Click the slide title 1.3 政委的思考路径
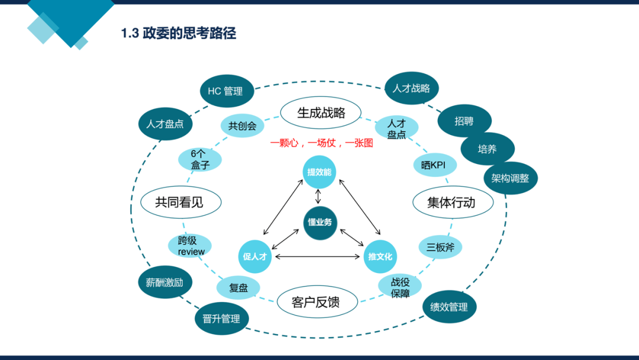point(179,33)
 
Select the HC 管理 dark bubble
point(227,91)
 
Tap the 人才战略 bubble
point(412,88)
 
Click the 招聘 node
point(464,121)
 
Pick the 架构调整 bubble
point(511,178)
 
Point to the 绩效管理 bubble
point(450,307)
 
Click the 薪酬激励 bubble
point(165,282)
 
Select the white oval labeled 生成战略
point(321,112)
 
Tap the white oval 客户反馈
point(318,302)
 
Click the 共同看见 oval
point(181,202)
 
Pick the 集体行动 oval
point(453,202)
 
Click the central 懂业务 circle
point(320,223)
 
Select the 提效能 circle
point(319,172)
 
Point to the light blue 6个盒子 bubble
point(200,159)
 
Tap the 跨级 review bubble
point(190,246)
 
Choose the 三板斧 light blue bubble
point(440,247)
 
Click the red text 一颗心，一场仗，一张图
point(321,143)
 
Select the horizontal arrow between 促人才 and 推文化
point(318,256)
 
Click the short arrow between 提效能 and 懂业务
point(318,197)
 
